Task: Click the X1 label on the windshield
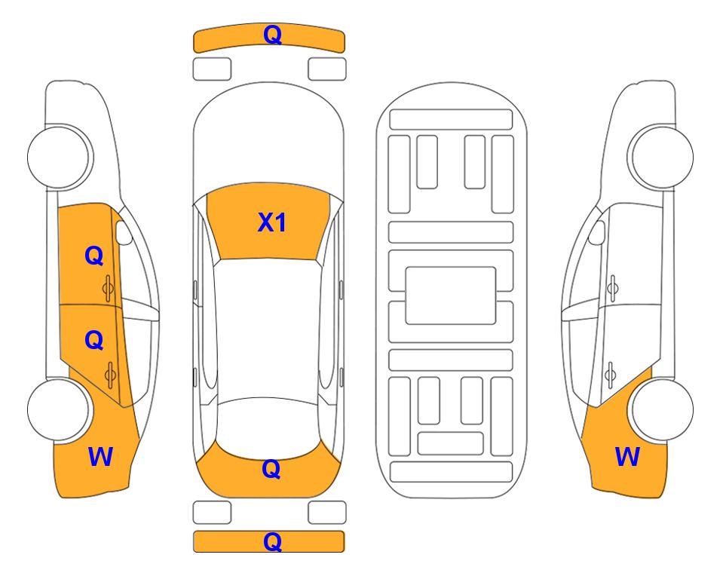pyautogui.click(x=272, y=222)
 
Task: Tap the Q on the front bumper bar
pyautogui.click(x=272, y=35)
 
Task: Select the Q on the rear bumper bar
pyautogui.click(x=272, y=541)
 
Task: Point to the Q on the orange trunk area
pyautogui.click(x=271, y=469)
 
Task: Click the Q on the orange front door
pyautogui.click(x=94, y=256)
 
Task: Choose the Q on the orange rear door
pyautogui.click(x=94, y=341)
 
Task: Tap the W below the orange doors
pyautogui.click(x=100, y=457)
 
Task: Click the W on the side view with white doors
pyautogui.click(x=627, y=457)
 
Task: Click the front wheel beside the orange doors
pyautogui.click(x=59, y=157)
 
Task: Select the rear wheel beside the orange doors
pyautogui.click(x=59, y=409)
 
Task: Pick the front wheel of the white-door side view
pyautogui.click(x=662, y=157)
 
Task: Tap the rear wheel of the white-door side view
pyautogui.click(x=662, y=409)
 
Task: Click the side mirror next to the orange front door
pyautogui.click(x=123, y=232)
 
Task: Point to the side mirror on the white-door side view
pyautogui.click(x=597, y=232)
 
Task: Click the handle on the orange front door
pyautogui.click(x=109, y=289)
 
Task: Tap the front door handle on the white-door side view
pyautogui.click(x=612, y=288)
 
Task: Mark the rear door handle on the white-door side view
pyautogui.click(x=611, y=375)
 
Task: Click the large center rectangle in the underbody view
pyautogui.click(x=451, y=296)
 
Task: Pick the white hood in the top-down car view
pyautogui.click(x=268, y=134)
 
